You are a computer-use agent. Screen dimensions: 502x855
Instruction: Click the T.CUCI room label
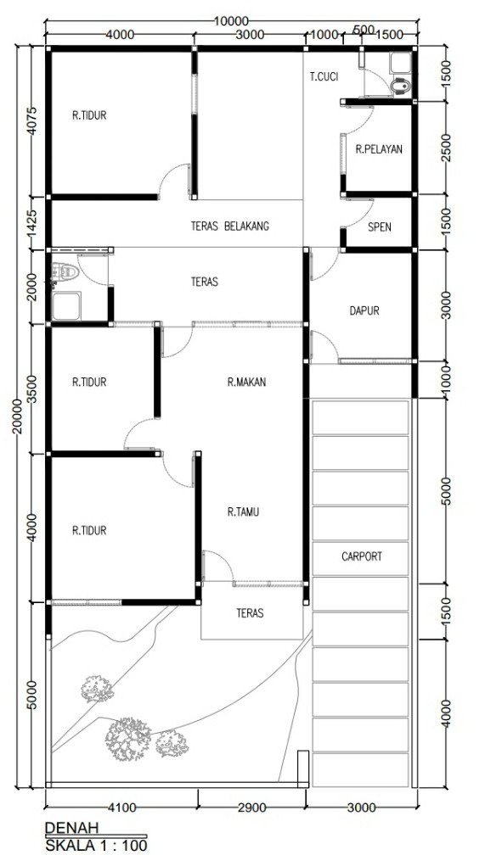pyautogui.click(x=324, y=77)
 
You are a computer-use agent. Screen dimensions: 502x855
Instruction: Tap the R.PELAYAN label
pyautogui.click(x=379, y=149)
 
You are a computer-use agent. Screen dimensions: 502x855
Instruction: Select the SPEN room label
pyautogui.click(x=379, y=227)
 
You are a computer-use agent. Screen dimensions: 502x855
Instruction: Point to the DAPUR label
pyautogui.click(x=364, y=310)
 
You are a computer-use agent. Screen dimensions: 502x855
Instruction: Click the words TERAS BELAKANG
pyautogui.click(x=230, y=226)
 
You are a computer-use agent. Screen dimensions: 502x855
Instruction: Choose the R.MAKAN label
pyautogui.click(x=247, y=383)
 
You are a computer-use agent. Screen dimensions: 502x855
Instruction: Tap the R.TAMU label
pyautogui.click(x=243, y=512)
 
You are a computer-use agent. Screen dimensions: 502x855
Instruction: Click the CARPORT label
pyautogui.click(x=362, y=556)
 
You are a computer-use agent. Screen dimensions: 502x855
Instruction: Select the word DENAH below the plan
pyautogui.click(x=71, y=828)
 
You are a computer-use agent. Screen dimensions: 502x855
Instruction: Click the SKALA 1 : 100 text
pyautogui.click(x=96, y=845)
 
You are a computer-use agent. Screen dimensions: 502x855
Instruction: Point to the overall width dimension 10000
pyautogui.click(x=230, y=21)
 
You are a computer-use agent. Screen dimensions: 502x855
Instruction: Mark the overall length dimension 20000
pyautogui.click(x=17, y=416)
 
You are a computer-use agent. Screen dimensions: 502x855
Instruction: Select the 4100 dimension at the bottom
pyautogui.click(x=121, y=807)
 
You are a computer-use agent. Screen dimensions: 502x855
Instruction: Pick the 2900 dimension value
pyautogui.click(x=251, y=807)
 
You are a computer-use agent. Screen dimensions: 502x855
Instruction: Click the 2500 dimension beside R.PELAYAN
pyautogui.click(x=446, y=148)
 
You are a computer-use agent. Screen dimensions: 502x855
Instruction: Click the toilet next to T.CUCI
pyautogui.click(x=401, y=87)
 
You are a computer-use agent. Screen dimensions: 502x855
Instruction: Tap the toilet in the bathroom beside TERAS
pyautogui.click(x=65, y=272)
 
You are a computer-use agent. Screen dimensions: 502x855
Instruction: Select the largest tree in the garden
pyautogui.click(x=128, y=739)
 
